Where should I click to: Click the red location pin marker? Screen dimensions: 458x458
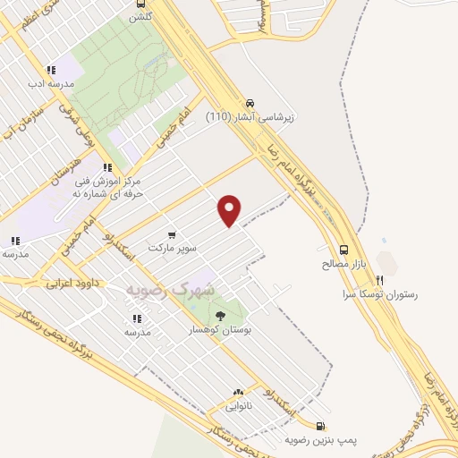(230, 210)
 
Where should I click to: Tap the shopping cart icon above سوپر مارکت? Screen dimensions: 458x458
(171, 234)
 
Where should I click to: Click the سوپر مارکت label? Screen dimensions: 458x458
(172, 247)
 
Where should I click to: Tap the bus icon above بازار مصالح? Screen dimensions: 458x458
(344, 250)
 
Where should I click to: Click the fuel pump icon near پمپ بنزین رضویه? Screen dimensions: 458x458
(321, 427)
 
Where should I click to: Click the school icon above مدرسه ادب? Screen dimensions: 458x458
(52, 70)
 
